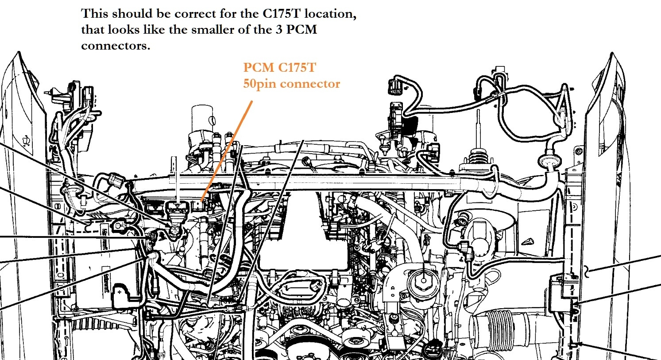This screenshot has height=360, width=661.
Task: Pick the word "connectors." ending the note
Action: (116, 46)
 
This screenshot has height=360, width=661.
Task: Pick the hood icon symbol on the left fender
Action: (26, 141)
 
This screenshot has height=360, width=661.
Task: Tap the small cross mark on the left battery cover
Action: (120, 293)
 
